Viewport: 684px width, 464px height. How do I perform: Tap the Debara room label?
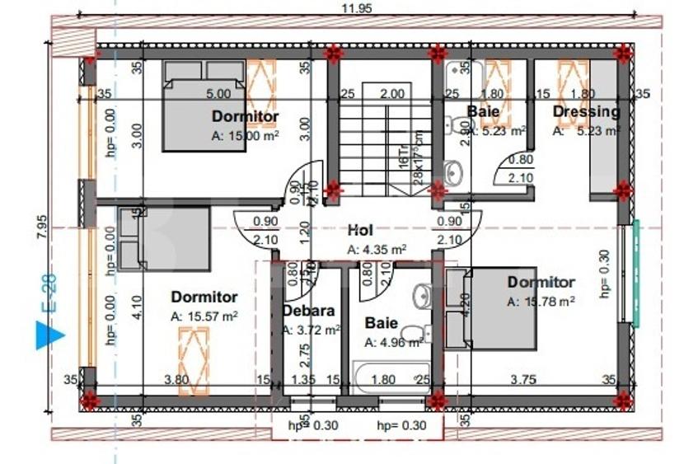[307, 311]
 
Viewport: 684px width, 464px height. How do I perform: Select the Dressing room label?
[585, 111]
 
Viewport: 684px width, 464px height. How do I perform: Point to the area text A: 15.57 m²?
[204, 315]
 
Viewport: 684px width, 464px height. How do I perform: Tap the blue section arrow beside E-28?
[50, 335]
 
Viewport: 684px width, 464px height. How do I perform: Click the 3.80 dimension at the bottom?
[178, 379]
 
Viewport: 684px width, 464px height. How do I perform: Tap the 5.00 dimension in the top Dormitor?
[218, 94]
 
